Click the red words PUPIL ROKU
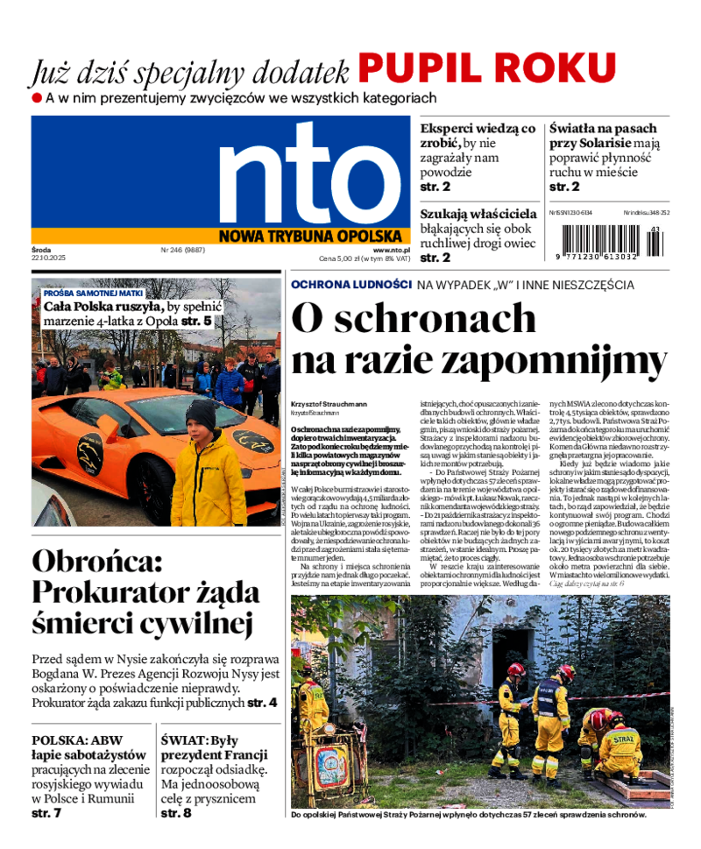487,67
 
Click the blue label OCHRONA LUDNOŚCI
351,285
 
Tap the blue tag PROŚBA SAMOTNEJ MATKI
93,293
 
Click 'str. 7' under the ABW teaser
46,813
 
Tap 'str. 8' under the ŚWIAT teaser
176,813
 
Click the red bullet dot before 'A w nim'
36,98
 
